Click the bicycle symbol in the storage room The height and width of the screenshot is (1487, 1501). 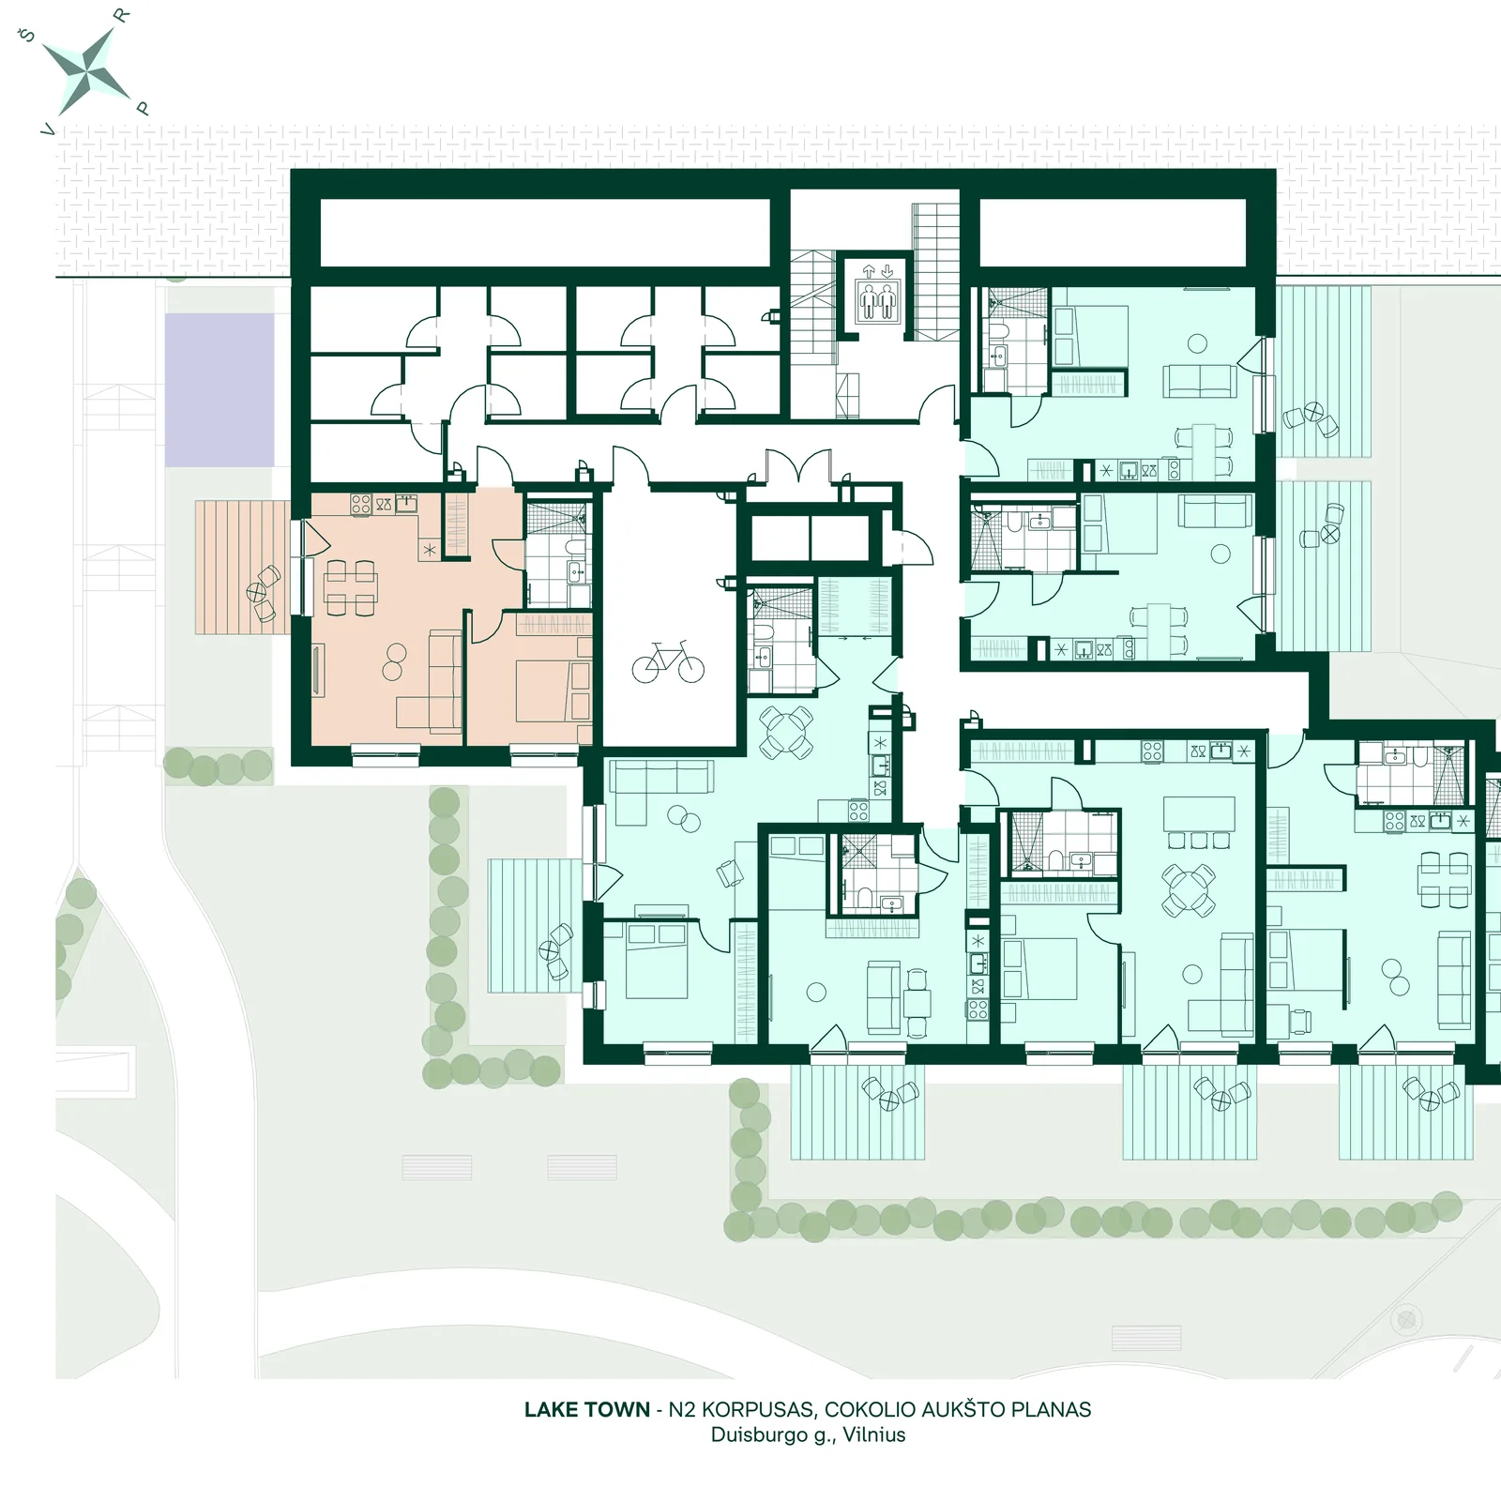click(x=667, y=662)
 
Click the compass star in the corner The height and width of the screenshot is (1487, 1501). click(x=86, y=68)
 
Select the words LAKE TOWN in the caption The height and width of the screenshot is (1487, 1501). click(x=587, y=1409)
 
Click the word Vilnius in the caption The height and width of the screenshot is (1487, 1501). click(x=873, y=1434)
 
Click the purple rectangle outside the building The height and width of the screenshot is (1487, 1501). click(x=220, y=390)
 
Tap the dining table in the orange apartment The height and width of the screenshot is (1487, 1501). click(x=350, y=587)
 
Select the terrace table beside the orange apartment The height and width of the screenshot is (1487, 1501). click(x=256, y=592)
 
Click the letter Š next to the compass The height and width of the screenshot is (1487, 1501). click(x=27, y=35)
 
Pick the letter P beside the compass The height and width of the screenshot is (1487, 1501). click(x=143, y=109)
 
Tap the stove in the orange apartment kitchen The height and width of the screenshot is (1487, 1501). click(x=361, y=504)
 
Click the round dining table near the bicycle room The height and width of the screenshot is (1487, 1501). click(x=786, y=733)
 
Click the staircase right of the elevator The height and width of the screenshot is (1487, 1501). click(x=934, y=272)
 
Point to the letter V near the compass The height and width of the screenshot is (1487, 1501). click(x=47, y=130)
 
